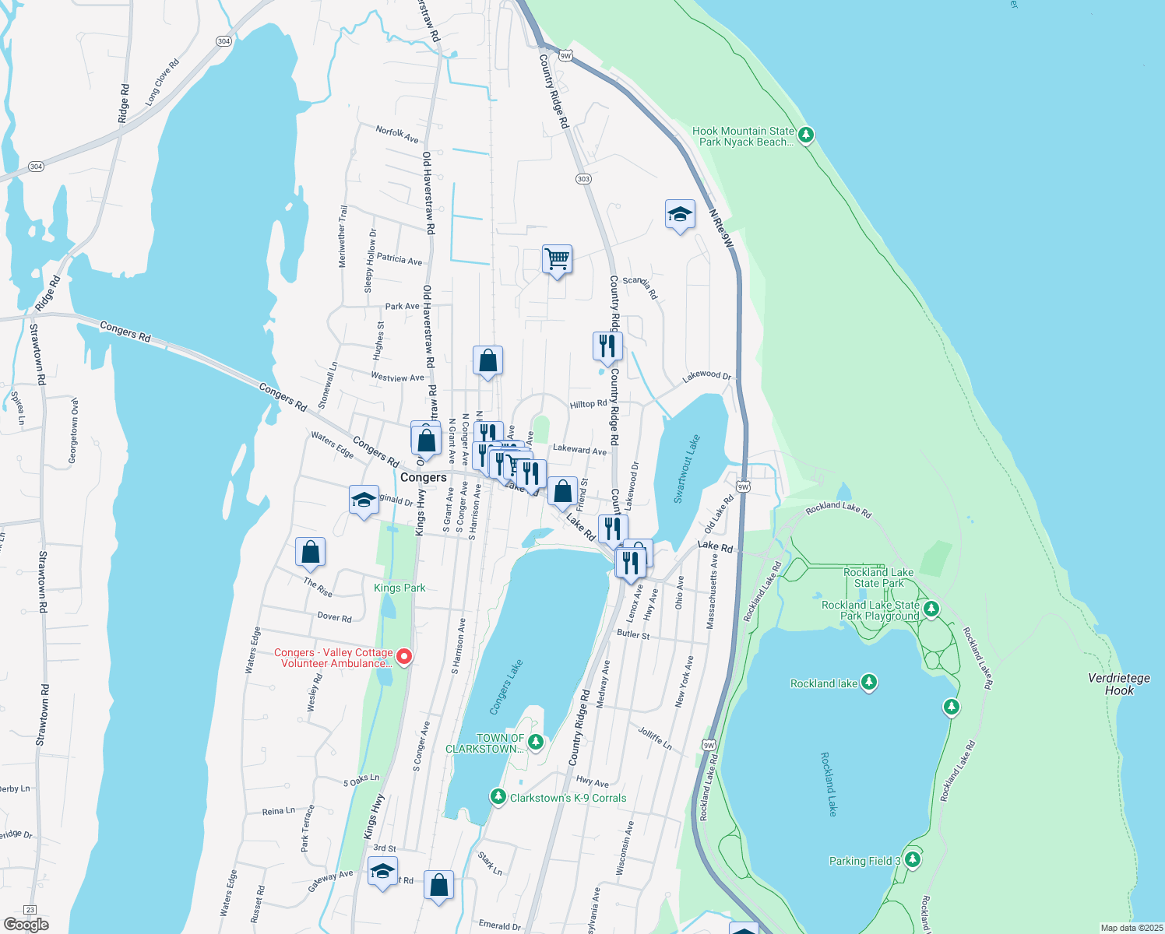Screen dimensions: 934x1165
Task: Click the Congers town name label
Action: click(424, 477)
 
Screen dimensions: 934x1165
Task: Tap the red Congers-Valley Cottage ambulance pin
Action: click(404, 657)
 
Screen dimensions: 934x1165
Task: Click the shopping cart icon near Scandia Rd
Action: click(557, 258)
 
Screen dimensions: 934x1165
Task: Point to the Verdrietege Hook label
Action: click(1119, 684)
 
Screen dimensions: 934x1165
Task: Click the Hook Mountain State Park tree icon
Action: click(806, 135)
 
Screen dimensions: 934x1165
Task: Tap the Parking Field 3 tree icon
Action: click(913, 860)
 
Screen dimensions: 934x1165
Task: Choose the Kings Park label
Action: click(399, 588)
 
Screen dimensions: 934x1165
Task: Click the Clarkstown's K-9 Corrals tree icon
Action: click(498, 797)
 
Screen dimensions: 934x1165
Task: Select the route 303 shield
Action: click(583, 179)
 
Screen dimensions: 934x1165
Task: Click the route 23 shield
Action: click(30, 909)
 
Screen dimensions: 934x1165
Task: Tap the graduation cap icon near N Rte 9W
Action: click(680, 214)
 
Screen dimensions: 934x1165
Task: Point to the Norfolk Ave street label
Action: click(397, 134)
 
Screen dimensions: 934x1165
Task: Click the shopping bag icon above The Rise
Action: click(310, 552)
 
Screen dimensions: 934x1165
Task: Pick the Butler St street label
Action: click(633, 634)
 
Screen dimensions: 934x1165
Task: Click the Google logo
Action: click(26, 924)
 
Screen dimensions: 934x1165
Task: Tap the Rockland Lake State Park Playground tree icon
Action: click(931, 609)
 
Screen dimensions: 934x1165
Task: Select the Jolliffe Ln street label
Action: click(655, 736)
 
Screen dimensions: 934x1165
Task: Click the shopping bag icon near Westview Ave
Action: click(487, 361)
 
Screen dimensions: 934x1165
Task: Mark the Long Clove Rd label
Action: click(162, 82)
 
